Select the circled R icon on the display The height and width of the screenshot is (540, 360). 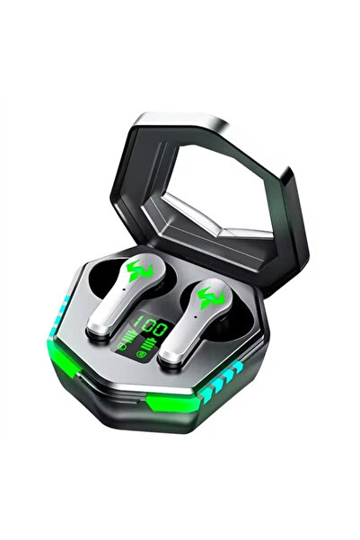tap(140, 353)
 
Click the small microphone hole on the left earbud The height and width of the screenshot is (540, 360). tap(123, 289)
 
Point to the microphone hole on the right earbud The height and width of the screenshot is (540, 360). tap(195, 317)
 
